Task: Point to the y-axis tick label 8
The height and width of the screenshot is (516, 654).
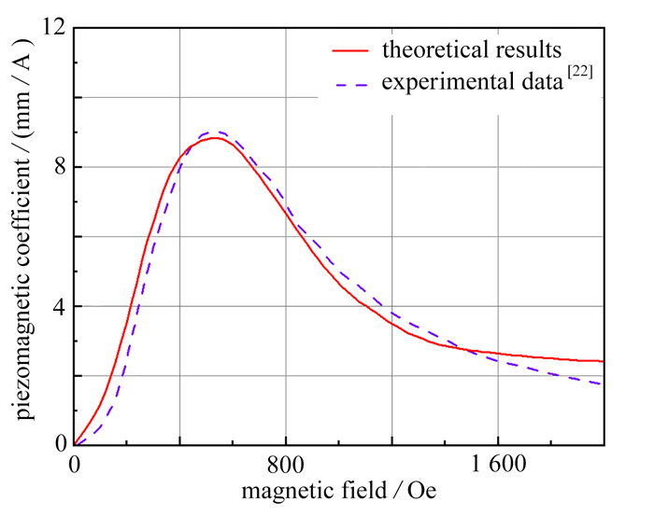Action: [x=57, y=168]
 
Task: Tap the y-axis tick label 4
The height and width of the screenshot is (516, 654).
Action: [x=57, y=306]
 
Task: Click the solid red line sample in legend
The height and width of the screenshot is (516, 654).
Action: [x=351, y=49]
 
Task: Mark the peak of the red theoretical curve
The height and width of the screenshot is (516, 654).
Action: [x=215, y=138]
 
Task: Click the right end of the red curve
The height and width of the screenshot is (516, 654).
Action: [x=603, y=361]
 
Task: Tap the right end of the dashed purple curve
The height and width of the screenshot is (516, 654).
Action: [x=603, y=384]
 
